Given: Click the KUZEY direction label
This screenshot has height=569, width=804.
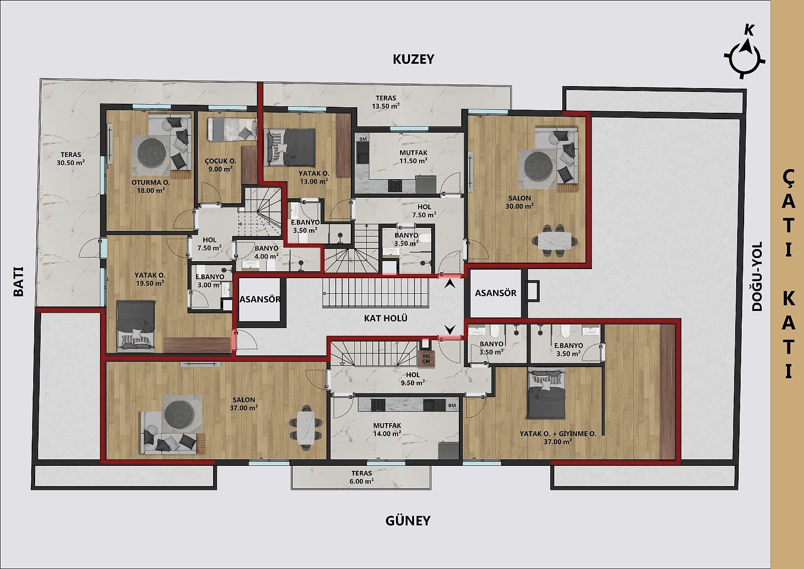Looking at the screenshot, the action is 414,59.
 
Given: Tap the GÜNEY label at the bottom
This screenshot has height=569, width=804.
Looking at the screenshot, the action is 408,521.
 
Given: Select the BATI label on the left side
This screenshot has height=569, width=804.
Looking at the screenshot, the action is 18,281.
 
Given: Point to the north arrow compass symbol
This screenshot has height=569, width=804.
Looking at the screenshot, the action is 744,57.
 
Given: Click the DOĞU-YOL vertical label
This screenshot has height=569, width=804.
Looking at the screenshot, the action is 757,276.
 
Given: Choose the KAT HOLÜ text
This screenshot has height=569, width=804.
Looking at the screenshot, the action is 385,318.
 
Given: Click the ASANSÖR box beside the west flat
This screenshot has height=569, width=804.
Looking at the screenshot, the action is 259,299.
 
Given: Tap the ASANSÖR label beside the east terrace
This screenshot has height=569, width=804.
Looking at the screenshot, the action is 495,293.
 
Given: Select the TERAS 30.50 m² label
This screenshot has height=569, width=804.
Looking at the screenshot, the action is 71,158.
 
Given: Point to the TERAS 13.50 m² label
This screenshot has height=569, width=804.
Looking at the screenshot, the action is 386,102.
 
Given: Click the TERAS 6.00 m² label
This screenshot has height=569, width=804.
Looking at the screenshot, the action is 362,477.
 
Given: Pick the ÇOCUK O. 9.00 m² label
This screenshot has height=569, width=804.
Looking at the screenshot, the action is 221,165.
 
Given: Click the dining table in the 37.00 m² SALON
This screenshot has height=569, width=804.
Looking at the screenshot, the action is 306,427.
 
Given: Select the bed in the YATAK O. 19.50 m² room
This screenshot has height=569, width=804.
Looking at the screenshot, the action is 136,326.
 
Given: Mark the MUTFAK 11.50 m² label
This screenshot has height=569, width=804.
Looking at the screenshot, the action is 414,157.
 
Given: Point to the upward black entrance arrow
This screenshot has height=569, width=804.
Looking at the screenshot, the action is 450,284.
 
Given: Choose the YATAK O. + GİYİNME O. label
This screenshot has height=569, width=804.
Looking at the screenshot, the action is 558,438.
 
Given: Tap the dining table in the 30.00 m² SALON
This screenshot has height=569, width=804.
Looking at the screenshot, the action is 555,240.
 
